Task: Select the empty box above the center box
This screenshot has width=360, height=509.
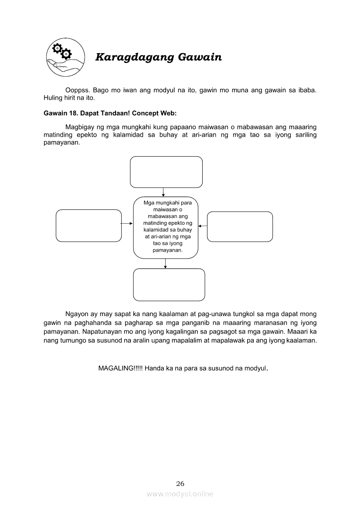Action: click(x=166, y=172)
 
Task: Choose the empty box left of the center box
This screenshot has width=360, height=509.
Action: click(x=88, y=226)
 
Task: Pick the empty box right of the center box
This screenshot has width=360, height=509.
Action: click(x=240, y=226)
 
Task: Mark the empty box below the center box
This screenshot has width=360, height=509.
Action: click(x=169, y=285)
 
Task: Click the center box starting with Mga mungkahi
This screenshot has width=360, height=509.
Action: click(x=166, y=227)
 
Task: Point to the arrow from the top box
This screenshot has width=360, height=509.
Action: click(x=163, y=192)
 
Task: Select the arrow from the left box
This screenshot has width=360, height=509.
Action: click(x=127, y=223)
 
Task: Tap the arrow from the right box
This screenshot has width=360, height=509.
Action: click(x=203, y=226)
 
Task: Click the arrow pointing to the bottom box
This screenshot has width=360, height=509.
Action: click(x=165, y=263)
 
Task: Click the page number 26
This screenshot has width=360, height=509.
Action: click(x=180, y=483)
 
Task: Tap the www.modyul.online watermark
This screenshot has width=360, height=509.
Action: click(x=180, y=494)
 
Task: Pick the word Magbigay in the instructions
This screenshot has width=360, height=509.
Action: click(x=80, y=127)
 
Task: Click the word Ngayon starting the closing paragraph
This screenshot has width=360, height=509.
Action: click(x=77, y=314)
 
